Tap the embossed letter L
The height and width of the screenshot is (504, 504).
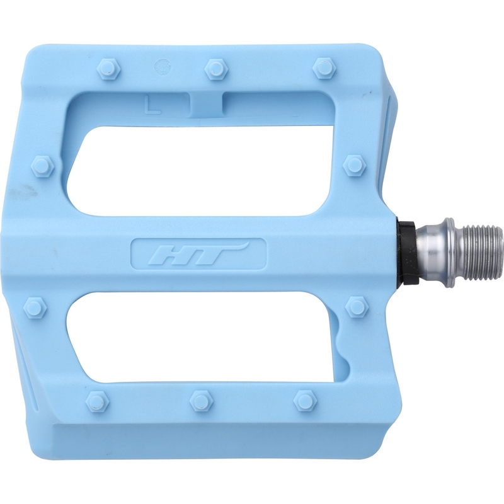click(x=152, y=103)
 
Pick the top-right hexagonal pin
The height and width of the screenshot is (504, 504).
click(x=324, y=69)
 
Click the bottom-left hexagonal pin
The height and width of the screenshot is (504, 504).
click(x=98, y=401)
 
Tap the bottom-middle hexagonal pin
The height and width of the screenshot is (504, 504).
click(x=201, y=401)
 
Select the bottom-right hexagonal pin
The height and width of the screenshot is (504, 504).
click(x=306, y=401)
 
